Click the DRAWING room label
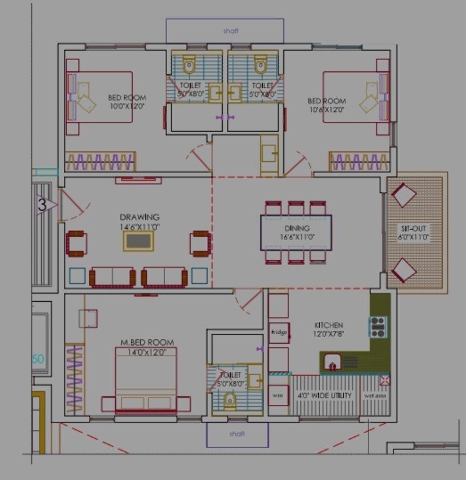tap(139, 217)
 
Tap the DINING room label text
tap(296, 229)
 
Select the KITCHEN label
tap(328, 326)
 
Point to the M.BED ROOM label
tap(147, 342)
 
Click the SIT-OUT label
tap(413, 229)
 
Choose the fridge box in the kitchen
tap(278, 332)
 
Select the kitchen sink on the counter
tap(332, 361)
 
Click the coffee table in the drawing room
tap(138, 241)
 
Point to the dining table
tap(296, 232)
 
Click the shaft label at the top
tap(231, 30)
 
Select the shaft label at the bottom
tap(237, 434)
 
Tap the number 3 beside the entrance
tap(42, 204)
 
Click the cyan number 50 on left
tap(38, 359)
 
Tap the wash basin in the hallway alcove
tap(270, 153)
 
